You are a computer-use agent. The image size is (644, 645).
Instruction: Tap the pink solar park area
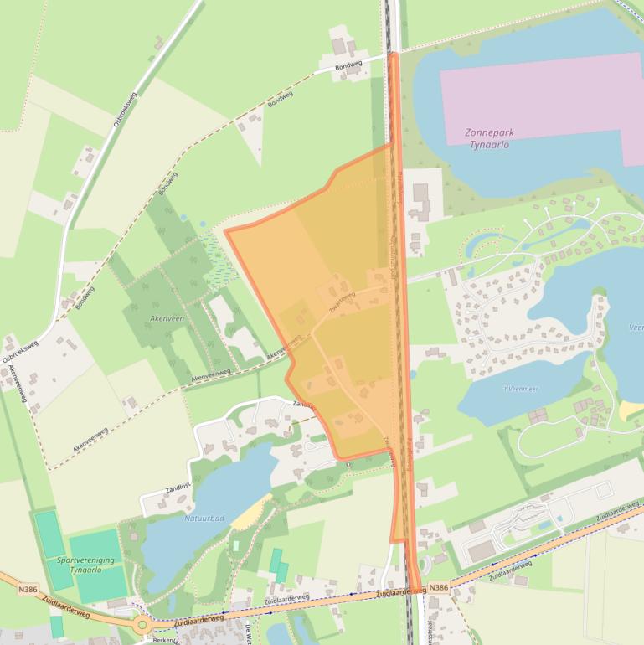click(544, 92)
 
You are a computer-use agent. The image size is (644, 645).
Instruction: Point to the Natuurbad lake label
click(204, 519)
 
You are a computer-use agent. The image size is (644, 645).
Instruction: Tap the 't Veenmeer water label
click(519, 390)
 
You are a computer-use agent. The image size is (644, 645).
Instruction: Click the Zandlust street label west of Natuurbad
click(162, 495)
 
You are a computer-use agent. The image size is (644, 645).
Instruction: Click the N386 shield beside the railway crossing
click(439, 588)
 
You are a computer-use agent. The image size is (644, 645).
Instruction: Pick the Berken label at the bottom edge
click(164, 639)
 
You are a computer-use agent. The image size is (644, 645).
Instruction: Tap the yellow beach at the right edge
click(631, 410)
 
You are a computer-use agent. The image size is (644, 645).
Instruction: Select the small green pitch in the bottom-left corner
click(56, 626)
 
